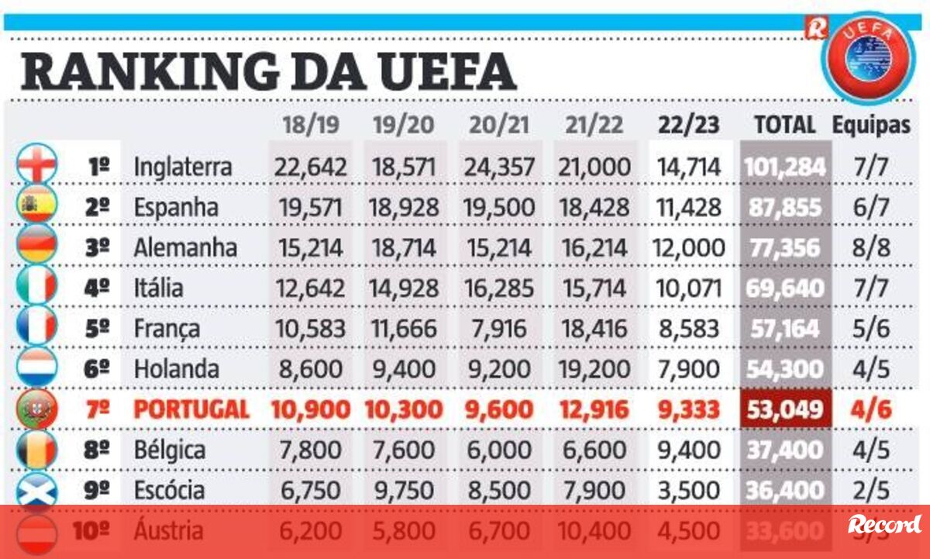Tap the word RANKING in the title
[x=148, y=71]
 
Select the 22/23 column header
[x=688, y=125]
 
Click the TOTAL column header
[x=785, y=125]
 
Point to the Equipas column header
[x=871, y=125]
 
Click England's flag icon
[x=36, y=164]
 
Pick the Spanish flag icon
[x=36, y=205]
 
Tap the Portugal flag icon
[x=36, y=409]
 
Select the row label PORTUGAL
[x=191, y=409]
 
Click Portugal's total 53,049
[x=786, y=409]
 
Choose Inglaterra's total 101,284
[x=786, y=166]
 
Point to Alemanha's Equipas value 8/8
[x=870, y=247]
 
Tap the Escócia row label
[x=169, y=490]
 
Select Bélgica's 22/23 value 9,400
[x=688, y=450]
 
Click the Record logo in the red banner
[x=884, y=525]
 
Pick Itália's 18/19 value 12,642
[x=310, y=288]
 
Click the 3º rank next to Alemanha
[x=98, y=247]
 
